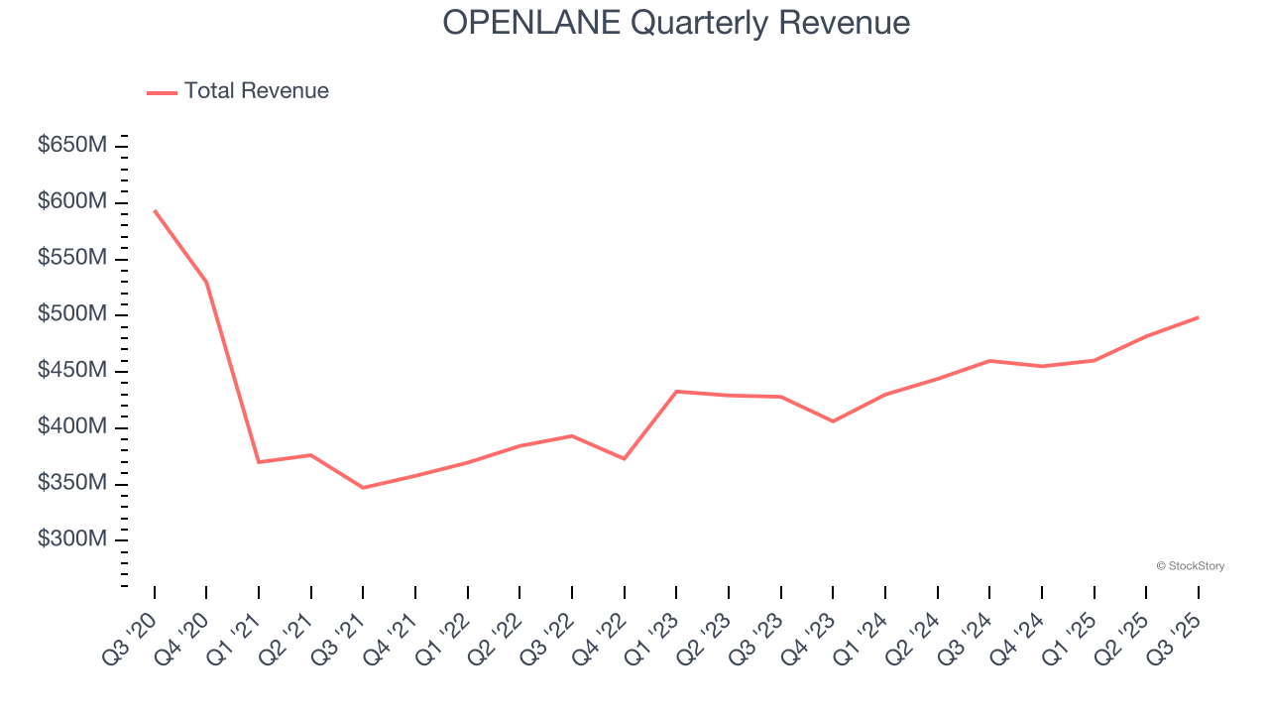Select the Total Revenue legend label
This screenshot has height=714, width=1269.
[256, 91]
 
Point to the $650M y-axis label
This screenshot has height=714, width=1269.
[72, 146]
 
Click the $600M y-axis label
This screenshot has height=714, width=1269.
[72, 202]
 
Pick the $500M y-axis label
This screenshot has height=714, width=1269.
[72, 314]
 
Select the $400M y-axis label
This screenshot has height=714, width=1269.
[72, 426]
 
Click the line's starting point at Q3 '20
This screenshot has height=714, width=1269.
[155, 210]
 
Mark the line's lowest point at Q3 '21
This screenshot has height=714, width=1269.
[363, 488]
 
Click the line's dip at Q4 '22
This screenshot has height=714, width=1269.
[624, 458]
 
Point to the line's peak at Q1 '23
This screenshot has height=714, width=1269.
[676, 392]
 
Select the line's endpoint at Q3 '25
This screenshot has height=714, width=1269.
[1198, 317]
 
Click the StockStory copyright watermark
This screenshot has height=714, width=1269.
[1190, 566]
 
